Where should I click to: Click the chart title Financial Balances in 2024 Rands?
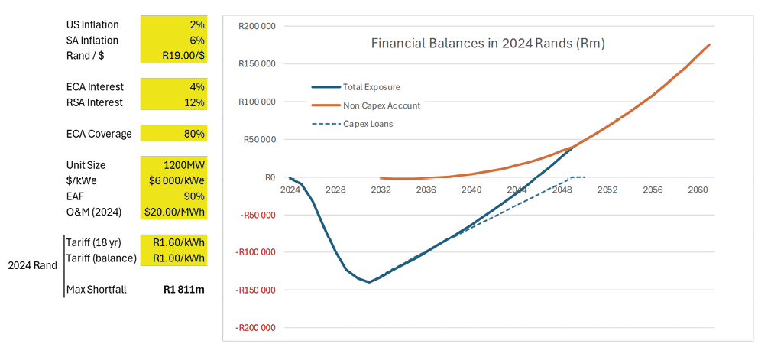[488, 44]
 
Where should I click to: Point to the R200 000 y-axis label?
[257, 27]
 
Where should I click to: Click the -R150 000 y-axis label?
[256, 290]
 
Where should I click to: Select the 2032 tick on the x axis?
[381, 189]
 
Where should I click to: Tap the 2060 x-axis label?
[697, 189]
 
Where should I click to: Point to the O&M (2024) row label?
[99, 212]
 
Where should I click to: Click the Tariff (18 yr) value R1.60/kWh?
[179, 243]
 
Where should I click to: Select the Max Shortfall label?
[96, 290]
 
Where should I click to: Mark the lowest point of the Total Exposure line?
[369, 282]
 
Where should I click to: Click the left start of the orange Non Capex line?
[381, 178]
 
